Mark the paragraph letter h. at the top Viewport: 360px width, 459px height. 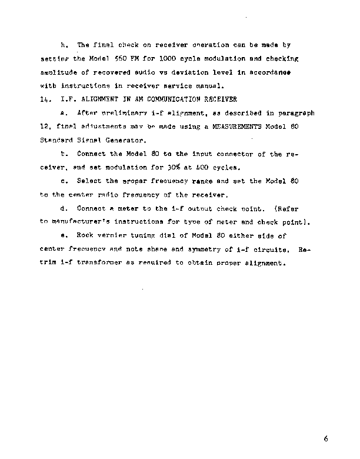[64, 45]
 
